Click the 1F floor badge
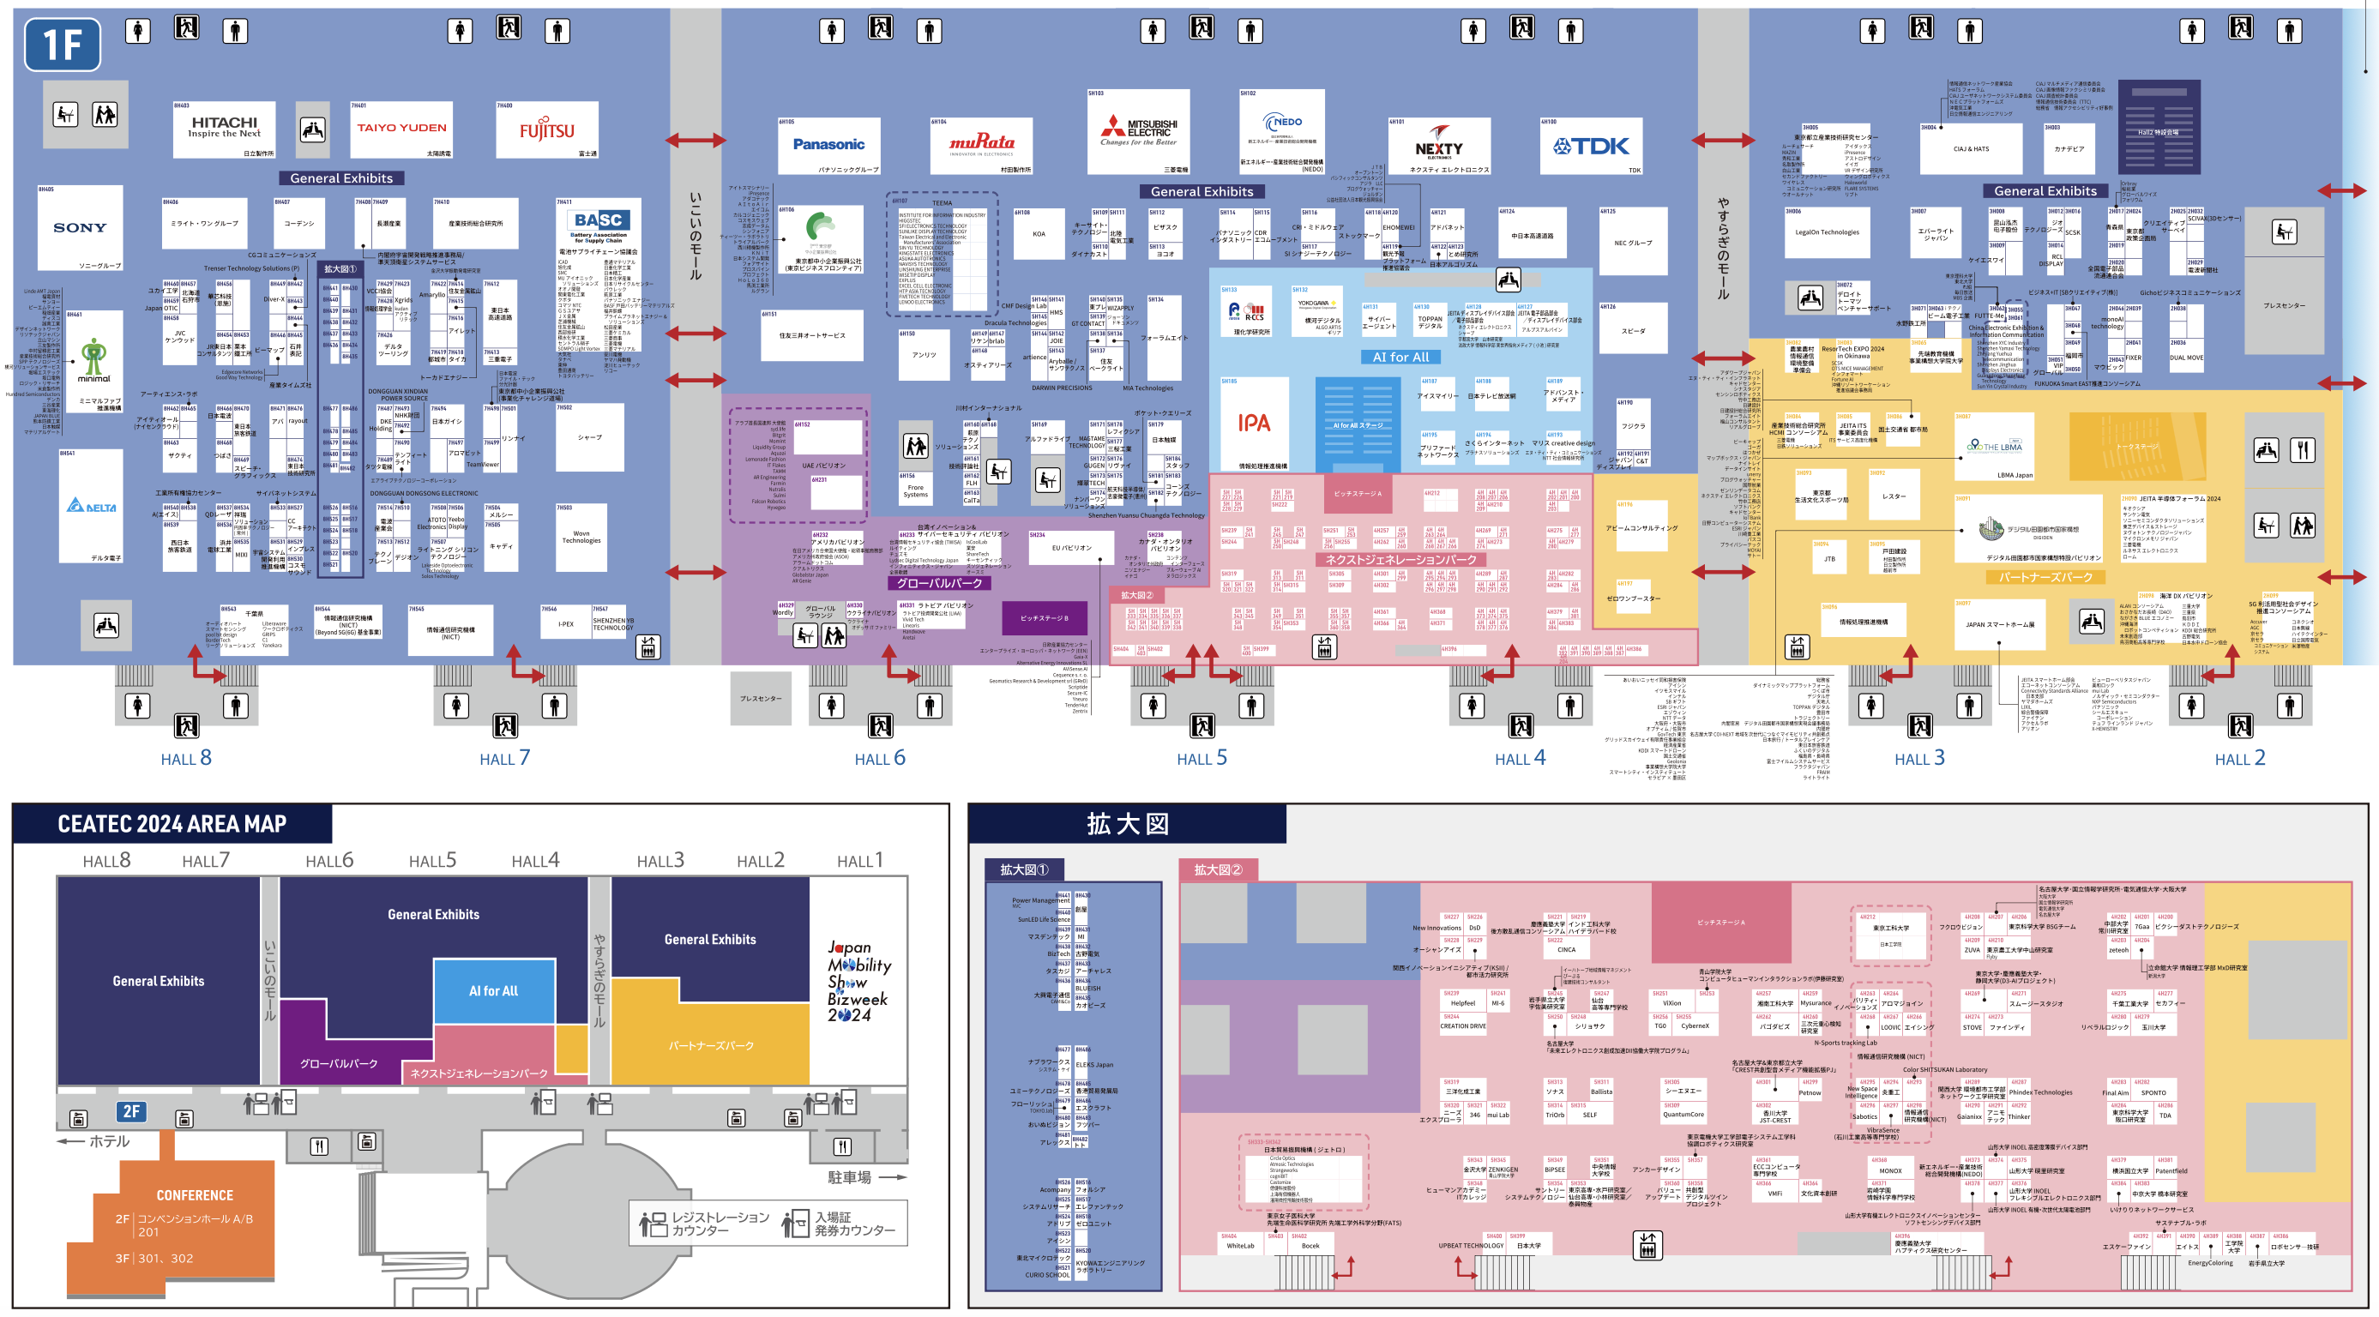62,44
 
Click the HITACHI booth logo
225,127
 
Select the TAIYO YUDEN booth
401,129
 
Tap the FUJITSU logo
547,130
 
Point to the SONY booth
80,227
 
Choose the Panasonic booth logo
828,144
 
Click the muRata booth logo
982,142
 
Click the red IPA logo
1253,423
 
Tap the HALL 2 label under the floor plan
2239,758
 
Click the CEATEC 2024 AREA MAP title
172,823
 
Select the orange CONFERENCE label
194,1195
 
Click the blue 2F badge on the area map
131,1111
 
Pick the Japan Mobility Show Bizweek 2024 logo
858,981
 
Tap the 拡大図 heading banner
1127,823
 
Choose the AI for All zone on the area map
493,991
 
